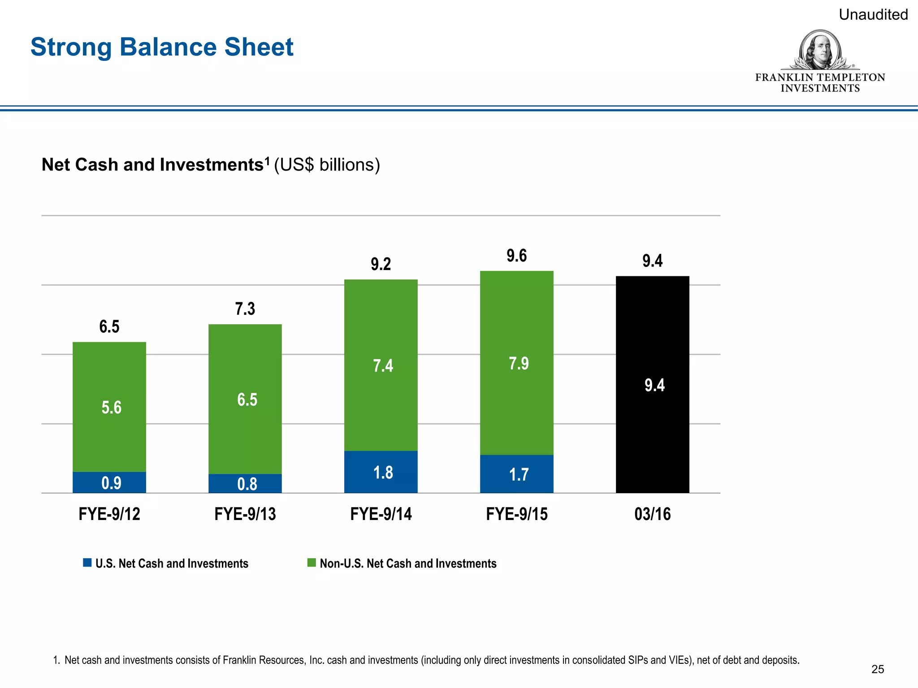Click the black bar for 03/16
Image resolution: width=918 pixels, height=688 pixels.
click(x=652, y=385)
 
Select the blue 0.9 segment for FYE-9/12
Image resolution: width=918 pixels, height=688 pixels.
click(x=109, y=482)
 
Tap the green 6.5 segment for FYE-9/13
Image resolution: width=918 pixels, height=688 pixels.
click(x=245, y=399)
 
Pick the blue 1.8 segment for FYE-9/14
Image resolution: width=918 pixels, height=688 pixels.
click(x=381, y=472)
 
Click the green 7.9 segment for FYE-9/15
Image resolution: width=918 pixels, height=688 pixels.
click(x=516, y=363)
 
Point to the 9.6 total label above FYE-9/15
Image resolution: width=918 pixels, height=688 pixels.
click(x=516, y=256)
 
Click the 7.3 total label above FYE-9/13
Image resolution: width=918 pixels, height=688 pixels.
click(x=245, y=309)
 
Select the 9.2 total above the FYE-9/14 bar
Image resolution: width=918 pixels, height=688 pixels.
click(x=381, y=264)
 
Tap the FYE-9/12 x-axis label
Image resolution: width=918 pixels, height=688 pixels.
click(x=109, y=514)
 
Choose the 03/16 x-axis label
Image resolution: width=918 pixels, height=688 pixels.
click(x=652, y=514)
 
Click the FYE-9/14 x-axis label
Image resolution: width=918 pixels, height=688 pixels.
click(x=381, y=514)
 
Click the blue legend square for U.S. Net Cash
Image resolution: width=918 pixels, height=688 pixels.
click(x=87, y=563)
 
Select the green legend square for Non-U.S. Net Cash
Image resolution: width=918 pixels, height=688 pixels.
click(x=312, y=563)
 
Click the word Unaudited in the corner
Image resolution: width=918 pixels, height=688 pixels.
click(x=873, y=15)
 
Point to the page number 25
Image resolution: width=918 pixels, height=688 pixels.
click(x=877, y=669)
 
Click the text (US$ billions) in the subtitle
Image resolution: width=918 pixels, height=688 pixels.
click(x=327, y=165)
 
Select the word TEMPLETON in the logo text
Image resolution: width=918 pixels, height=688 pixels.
click(x=851, y=77)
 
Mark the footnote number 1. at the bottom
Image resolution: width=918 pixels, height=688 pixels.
click(x=56, y=660)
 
